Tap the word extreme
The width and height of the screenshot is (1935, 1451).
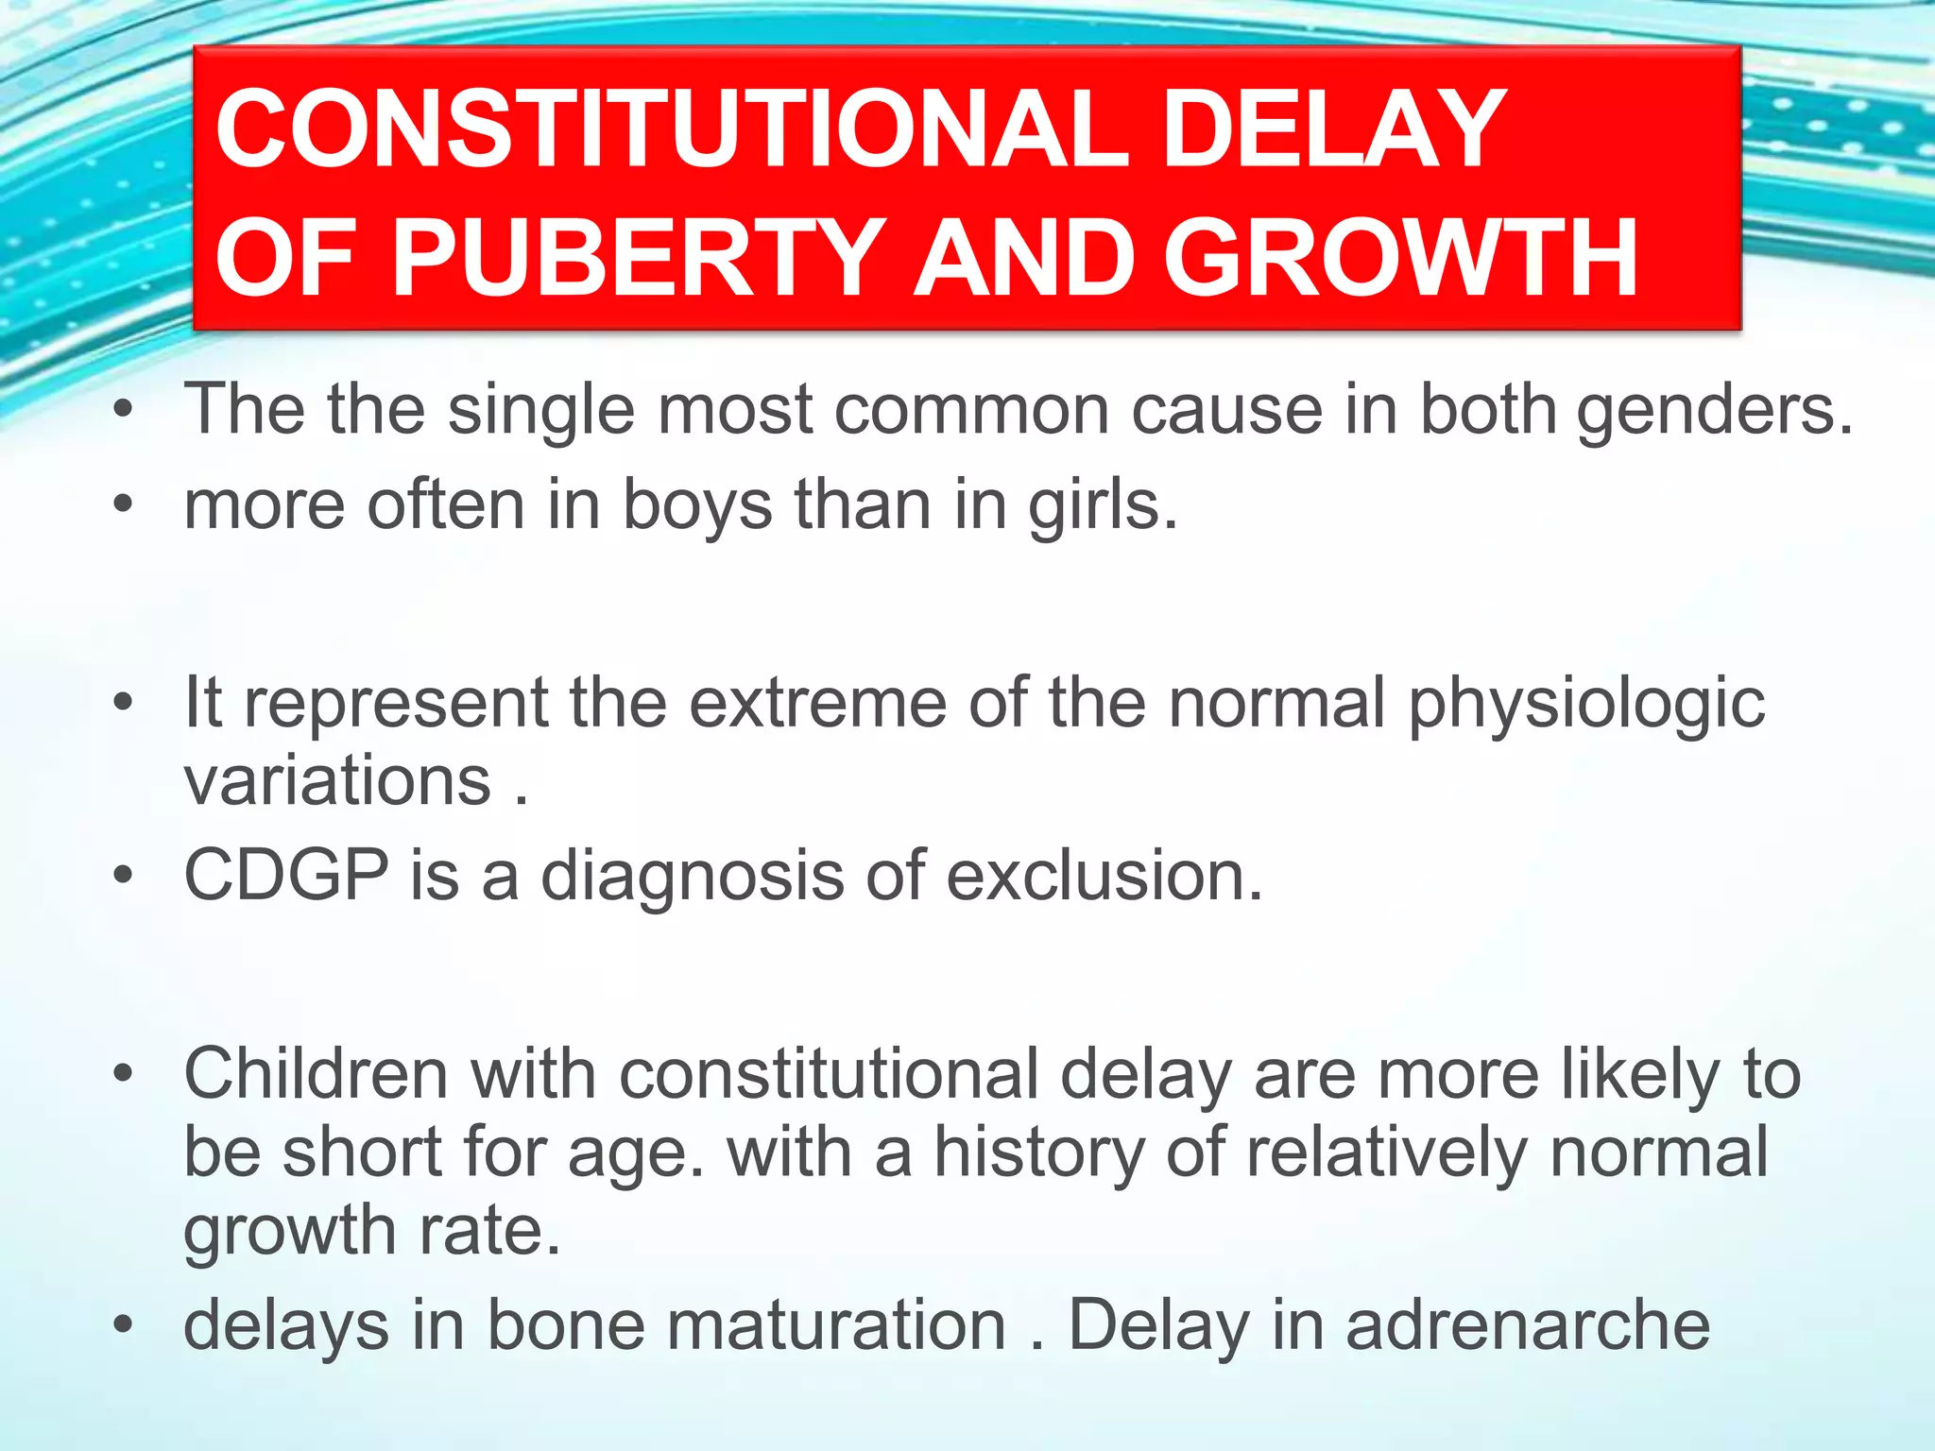pos(817,704)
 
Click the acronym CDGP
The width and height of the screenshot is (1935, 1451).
pos(285,875)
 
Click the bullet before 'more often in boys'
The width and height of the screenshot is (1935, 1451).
pos(123,506)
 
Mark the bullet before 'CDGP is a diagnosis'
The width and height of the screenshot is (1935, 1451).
pos(123,876)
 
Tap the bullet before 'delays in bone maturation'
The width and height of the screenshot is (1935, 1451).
pos(123,1325)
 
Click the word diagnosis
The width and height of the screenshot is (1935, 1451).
pos(692,877)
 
